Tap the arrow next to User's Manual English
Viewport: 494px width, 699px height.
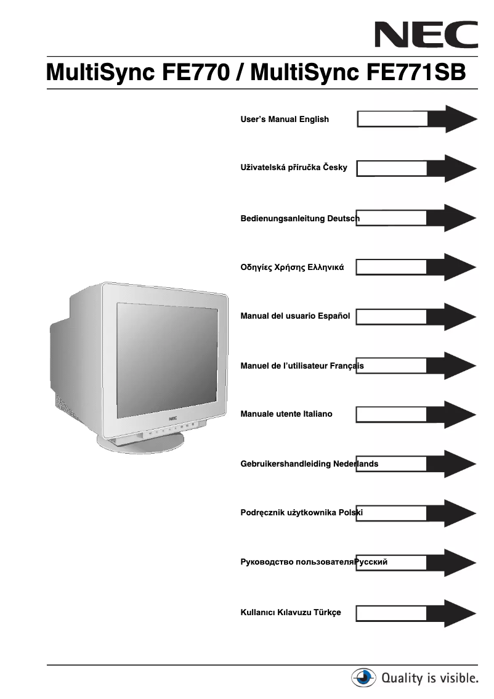point(417,119)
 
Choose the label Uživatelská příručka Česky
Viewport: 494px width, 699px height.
point(294,168)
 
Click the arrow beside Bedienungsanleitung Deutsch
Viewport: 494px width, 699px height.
point(417,218)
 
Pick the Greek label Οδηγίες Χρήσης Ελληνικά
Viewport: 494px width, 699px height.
point(292,268)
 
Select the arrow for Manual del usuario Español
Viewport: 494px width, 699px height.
point(417,316)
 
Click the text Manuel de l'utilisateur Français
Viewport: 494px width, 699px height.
point(302,366)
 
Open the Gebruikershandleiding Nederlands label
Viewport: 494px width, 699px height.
point(309,464)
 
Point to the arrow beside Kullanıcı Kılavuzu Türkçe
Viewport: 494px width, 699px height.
point(417,612)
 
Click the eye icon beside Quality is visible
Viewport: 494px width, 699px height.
point(363,679)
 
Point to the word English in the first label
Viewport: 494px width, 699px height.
point(314,119)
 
